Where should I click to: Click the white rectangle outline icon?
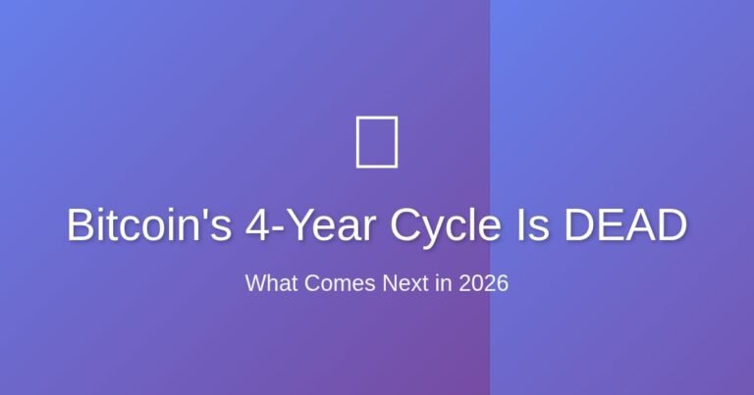376,141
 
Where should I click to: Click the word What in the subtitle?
267,284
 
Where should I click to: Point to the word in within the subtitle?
444,284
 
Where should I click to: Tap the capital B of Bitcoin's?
81,226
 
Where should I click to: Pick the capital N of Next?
388,284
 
